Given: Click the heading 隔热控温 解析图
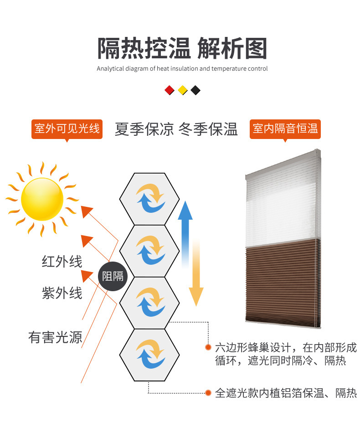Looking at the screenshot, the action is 182,49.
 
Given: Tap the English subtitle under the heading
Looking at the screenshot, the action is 182,69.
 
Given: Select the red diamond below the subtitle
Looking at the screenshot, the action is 170,90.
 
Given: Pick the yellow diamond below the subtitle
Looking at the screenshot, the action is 183,90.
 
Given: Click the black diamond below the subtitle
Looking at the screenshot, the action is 195,90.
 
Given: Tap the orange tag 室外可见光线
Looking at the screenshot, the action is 67,129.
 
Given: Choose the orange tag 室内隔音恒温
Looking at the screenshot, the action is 285,129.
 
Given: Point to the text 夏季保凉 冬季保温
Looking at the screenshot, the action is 176,129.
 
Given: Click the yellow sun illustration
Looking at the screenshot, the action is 42,199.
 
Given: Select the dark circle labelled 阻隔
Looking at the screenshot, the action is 113,276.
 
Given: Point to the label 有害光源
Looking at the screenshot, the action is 55,337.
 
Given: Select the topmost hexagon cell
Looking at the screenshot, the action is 149,199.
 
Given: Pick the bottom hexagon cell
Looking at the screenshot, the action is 149,355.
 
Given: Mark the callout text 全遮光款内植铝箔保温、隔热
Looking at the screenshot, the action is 285,393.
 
